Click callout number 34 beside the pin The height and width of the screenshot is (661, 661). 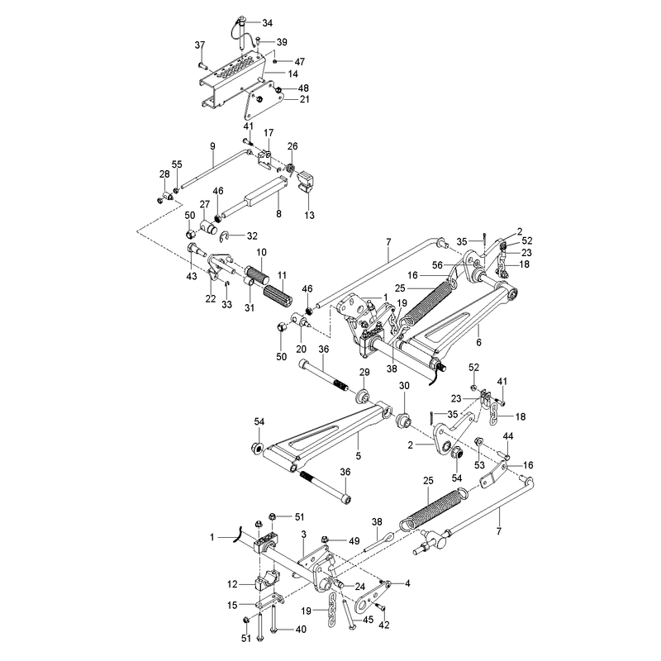pyautogui.click(x=267, y=23)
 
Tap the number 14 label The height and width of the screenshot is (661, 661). pyautogui.click(x=292, y=74)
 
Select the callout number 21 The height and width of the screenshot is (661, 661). pyautogui.click(x=304, y=99)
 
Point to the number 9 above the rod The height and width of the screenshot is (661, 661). pyautogui.click(x=212, y=146)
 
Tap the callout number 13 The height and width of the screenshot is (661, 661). pyautogui.click(x=309, y=216)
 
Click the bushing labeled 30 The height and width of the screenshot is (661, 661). pyautogui.click(x=404, y=420)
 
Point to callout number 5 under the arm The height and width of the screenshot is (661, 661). pyautogui.click(x=359, y=456)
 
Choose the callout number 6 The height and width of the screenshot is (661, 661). pyautogui.click(x=478, y=342)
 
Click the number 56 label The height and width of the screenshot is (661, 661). pyautogui.click(x=438, y=265)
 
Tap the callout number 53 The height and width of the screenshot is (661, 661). pyautogui.click(x=480, y=465)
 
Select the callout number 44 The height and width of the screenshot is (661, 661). pyautogui.click(x=508, y=436)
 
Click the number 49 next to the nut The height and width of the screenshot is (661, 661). pyautogui.click(x=354, y=541)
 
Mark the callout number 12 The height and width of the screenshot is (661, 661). pyautogui.click(x=232, y=584)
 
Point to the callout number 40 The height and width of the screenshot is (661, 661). pyautogui.click(x=301, y=630)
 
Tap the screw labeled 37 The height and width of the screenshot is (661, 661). pyautogui.click(x=201, y=65)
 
